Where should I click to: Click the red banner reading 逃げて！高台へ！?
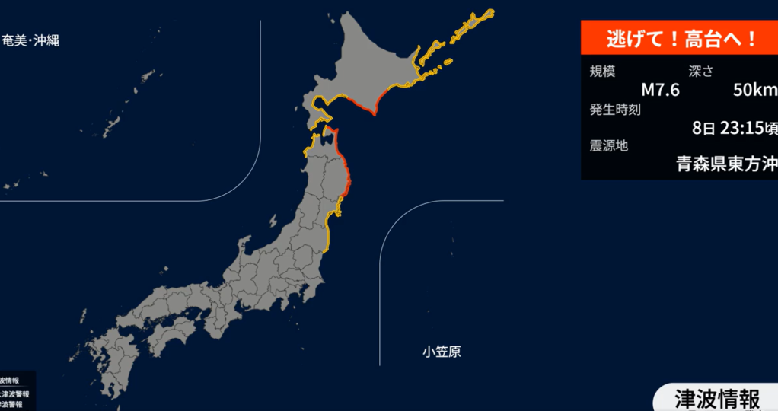click(x=679, y=38)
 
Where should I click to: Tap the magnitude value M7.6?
click(x=660, y=91)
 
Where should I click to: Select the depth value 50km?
click(x=754, y=91)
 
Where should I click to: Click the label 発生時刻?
click(x=615, y=109)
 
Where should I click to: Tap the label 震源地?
click(x=609, y=145)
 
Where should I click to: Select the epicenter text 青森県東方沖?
click(x=726, y=164)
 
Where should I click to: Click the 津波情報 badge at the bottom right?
click(x=716, y=398)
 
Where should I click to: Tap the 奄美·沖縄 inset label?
click(x=30, y=40)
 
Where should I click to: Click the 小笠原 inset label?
click(x=442, y=352)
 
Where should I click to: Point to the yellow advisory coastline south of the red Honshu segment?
click(x=329, y=228)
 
